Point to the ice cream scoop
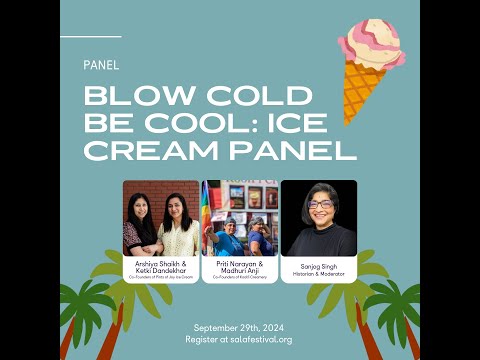[x=371, y=44]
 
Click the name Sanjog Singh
[x=319, y=267]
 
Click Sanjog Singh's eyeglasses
[x=320, y=204]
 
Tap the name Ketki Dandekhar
[x=161, y=269]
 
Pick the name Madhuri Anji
[x=239, y=269]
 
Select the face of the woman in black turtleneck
[x=320, y=206]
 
